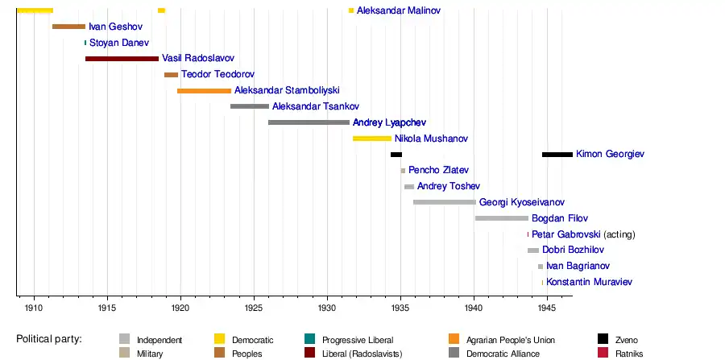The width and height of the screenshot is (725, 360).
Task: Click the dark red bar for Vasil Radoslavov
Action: pos(122,59)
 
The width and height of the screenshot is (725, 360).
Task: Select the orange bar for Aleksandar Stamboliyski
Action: pos(204,91)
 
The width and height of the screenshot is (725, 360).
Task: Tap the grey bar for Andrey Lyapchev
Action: pos(309,122)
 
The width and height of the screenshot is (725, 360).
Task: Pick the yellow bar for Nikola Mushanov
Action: pos(371,139)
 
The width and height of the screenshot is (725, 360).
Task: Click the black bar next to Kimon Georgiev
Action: pos(557,154)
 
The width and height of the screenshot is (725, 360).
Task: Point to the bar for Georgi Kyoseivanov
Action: pos(444,202)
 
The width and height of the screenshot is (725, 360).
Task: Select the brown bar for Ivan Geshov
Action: pos(68,27)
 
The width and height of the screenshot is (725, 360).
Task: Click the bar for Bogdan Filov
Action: pos(501,218)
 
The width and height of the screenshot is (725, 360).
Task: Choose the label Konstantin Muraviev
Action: pos(589,283)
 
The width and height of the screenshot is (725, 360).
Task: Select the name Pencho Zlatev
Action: pos(438,171)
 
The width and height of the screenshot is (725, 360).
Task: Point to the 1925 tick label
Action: pos(254,308)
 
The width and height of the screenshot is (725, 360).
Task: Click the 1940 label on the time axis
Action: pos(474,308)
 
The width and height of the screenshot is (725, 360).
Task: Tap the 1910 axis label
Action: pos(34,308)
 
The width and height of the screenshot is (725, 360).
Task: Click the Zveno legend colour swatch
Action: pos(603,339)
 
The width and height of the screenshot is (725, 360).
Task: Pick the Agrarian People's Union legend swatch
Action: pos(454,339)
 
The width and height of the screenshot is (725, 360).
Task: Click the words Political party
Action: pos(49,339)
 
